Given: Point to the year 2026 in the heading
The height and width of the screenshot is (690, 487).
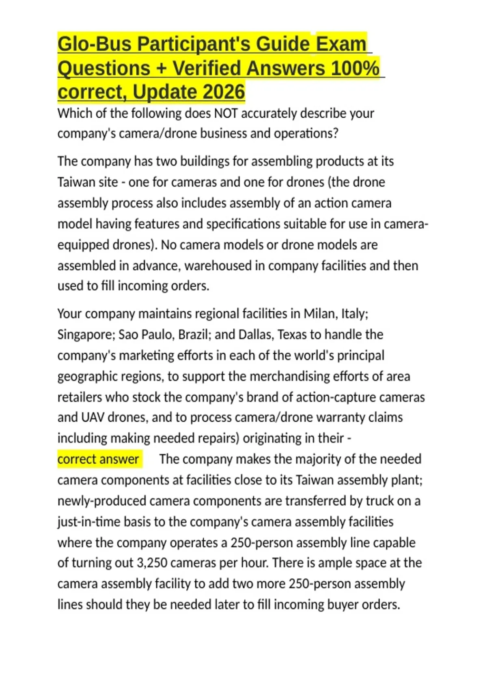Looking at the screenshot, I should (224, 92).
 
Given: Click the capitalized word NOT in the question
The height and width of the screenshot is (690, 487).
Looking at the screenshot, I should (226, 113).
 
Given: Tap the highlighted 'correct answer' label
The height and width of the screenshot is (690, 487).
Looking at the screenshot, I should (99, 459).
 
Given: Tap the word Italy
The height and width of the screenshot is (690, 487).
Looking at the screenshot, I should (354, 314).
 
